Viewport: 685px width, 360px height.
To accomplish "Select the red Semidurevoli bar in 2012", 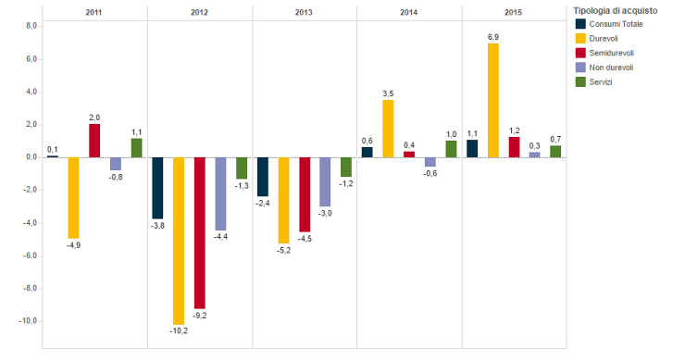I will coord(199,232).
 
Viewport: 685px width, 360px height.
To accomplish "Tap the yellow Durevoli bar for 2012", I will coord(179,241).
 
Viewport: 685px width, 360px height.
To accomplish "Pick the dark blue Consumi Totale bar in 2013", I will coord(263,177).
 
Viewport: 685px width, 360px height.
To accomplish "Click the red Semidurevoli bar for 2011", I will coord(94,141).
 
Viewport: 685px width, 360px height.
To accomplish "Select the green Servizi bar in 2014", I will coord(451,149).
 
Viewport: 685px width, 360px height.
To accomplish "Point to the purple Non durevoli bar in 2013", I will coord(325,181).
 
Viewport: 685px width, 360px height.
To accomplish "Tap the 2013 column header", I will coord(305,13).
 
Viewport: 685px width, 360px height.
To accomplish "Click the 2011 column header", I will coord(94,13).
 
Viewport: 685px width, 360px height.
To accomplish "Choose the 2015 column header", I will coord(514,13).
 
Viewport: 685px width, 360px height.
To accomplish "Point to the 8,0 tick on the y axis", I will coord(31,27).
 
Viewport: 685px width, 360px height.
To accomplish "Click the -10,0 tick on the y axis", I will coord(28,321).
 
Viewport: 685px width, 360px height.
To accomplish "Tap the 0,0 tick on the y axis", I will coord(31,157).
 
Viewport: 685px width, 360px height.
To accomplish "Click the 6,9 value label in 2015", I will coord(493,36).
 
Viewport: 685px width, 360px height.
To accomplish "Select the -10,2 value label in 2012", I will coord(179,331).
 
